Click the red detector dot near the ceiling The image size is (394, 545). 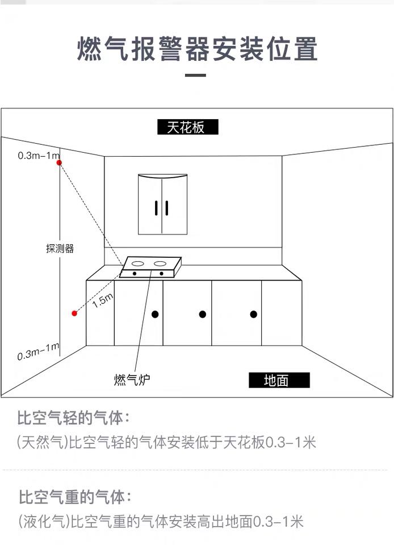pos(60,163)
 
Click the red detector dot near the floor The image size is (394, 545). pos(74,313)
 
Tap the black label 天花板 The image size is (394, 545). pos(187,127)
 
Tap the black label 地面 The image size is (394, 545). pos(279,380)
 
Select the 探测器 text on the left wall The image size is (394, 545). pos(60,249)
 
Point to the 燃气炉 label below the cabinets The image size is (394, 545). pos(132,380)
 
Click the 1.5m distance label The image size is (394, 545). pos(103,300)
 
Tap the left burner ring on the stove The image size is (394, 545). pos(137,263)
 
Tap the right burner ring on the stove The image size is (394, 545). pos(160,263)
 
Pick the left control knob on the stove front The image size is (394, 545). pos(135,274)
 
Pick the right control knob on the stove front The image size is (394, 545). pos(162,274)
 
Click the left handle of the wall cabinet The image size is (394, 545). pos(156,208)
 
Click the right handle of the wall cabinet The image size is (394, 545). pos(167,208)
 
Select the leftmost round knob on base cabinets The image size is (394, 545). pos(155,314)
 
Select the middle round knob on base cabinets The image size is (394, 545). pos(203,314)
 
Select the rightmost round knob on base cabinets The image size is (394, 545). pos(254,314)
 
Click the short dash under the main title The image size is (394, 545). pos(195,75)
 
